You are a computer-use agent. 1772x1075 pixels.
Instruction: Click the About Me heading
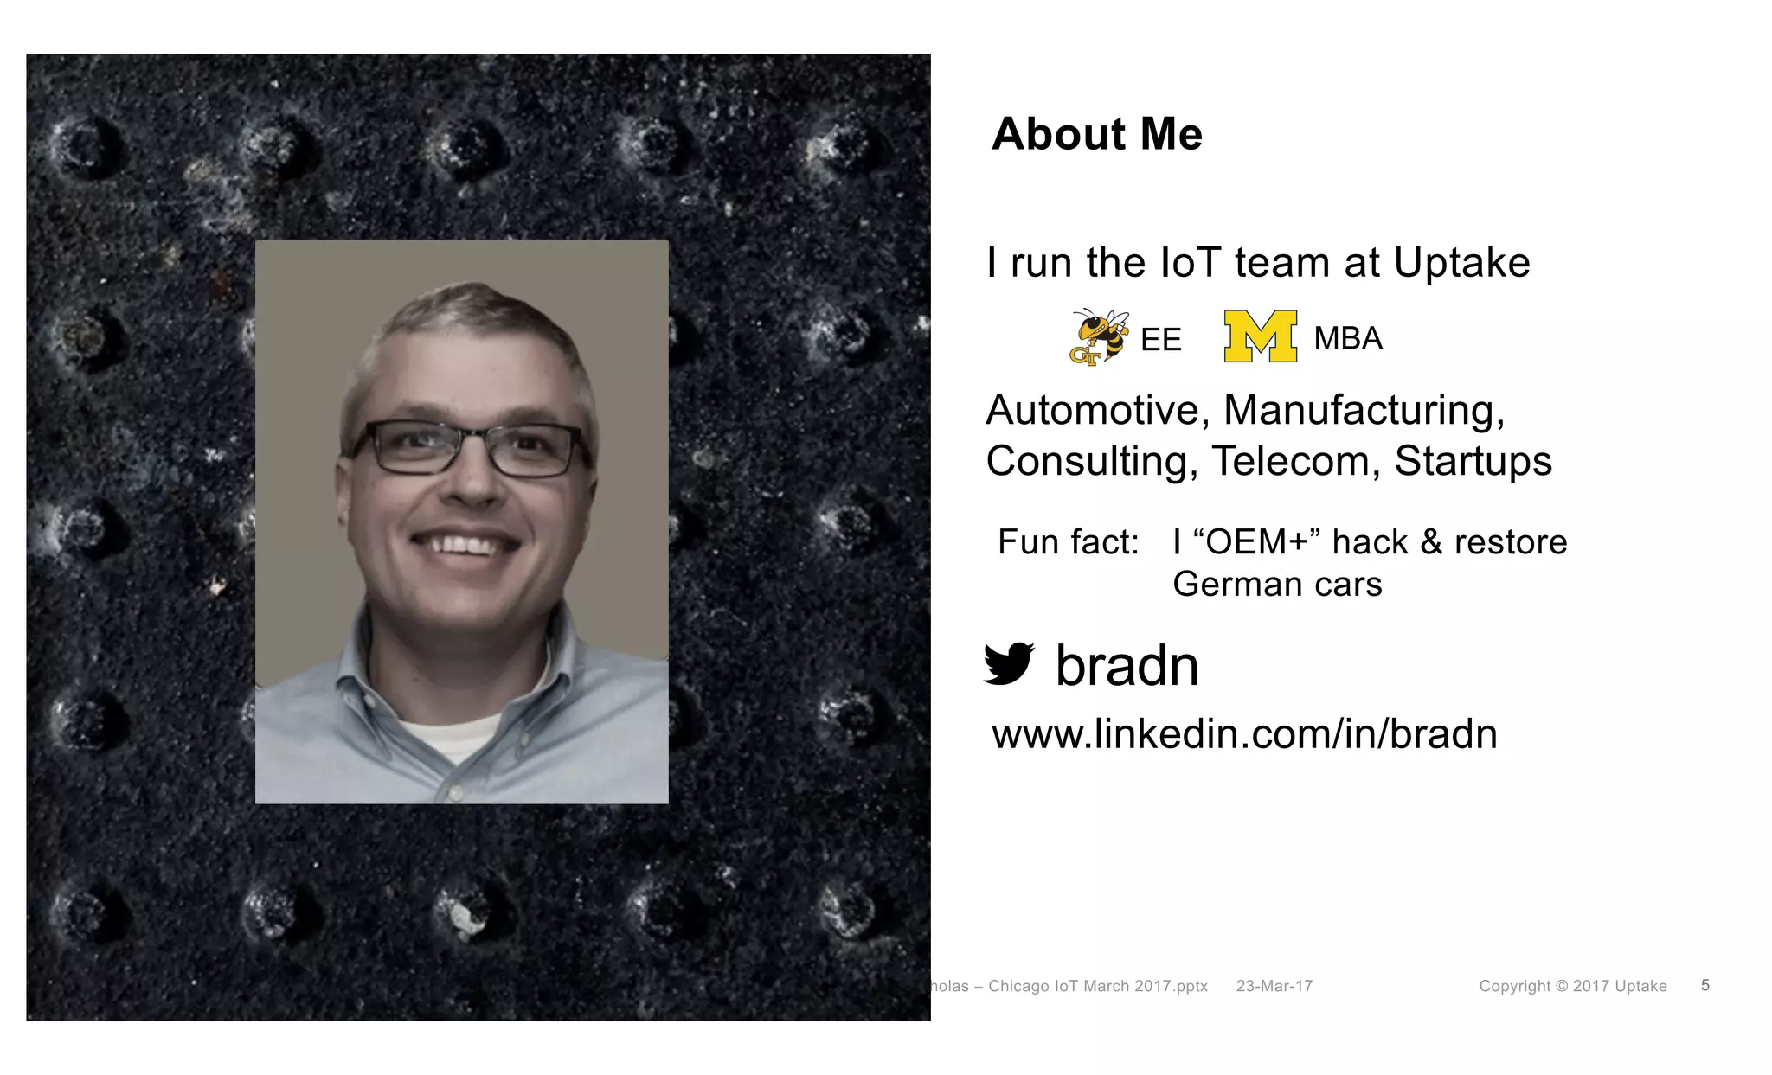pos(1096,134)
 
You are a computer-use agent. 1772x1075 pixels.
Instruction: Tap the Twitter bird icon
pos(1009,664)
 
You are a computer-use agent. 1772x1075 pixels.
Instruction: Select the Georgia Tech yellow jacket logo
pos(1098,336)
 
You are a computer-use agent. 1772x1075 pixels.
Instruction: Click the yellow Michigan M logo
pos(1260,336)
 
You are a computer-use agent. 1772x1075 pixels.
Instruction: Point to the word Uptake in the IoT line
pos(1461,263)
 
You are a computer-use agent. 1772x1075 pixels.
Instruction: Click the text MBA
pos(1347,338)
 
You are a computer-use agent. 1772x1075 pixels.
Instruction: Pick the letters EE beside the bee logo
pos(1160,340)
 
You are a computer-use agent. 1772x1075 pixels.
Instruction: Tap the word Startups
pos(1473,461)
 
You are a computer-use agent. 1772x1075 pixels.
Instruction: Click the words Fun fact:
pos(1068,542)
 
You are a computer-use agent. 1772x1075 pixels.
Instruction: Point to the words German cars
pos(1277,585)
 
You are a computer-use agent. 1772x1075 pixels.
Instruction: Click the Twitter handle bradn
pos(1127,666)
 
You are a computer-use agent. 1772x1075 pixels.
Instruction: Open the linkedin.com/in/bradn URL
pos(1244,734)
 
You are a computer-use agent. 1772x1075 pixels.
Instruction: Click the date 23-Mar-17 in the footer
pos(1274,986)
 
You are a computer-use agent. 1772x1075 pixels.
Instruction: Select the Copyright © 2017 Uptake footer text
pos(1572,986)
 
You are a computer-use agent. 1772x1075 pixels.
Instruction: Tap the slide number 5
pos(1705,985)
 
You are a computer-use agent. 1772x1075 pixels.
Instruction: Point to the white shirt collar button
pos(456,790)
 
